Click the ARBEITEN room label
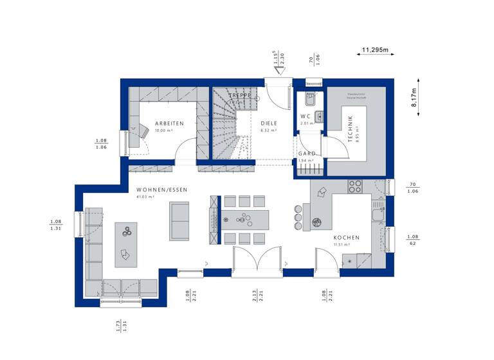click(x=169, y=123)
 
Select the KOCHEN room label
click(x=346, y=237)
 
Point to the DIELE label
click(x=268, y=123)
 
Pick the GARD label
click(x=306, y=154)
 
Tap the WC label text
click(x=305, y=116)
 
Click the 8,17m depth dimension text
click(x=414, y=100)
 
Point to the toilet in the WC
click(x=309, y=99)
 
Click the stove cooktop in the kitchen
click(x=355, y=186)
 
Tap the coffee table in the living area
click(x=126, y=244)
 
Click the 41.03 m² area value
click(x=145, y=197)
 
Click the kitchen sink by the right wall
click(x=378, y=213)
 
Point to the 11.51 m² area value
click(x=341, y=245)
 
